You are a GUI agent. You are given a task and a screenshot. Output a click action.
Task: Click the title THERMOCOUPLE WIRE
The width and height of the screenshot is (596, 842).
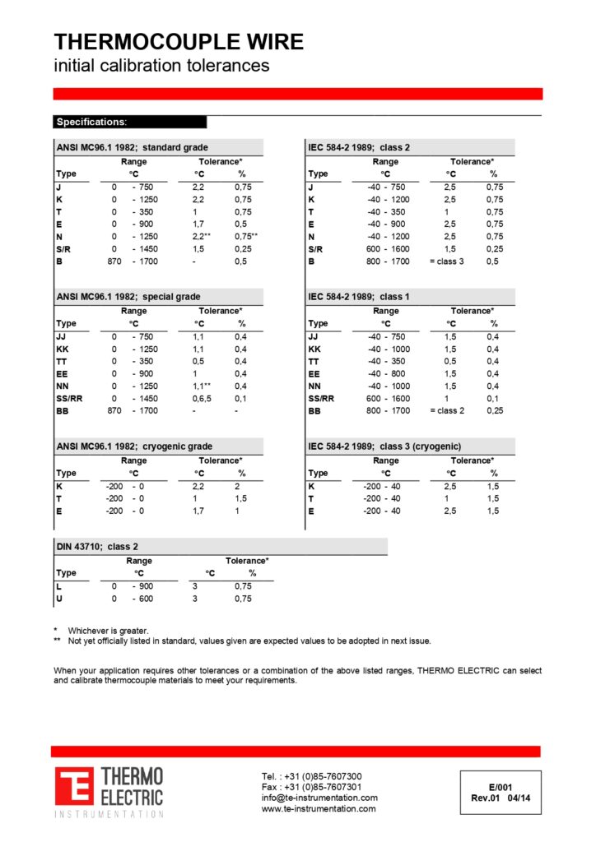tap(179, 42)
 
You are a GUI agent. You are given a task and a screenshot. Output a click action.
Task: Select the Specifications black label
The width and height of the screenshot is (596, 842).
tap(91, 122)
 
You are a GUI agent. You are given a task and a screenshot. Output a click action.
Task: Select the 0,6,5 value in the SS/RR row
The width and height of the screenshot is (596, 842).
tap(200, 399)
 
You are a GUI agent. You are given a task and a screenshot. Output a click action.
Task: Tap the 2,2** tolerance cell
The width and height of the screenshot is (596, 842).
tap(203, 237)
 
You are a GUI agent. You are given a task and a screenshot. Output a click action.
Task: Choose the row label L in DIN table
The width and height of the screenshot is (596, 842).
tap(58, 586)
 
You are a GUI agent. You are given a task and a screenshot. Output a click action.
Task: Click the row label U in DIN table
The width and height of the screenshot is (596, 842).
tap(58, 599)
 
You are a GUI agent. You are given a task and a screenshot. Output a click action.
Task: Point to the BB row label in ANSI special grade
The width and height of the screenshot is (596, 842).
tap(62, 411)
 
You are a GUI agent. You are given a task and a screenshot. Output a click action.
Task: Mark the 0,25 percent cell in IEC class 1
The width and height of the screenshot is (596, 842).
tap(493, 411)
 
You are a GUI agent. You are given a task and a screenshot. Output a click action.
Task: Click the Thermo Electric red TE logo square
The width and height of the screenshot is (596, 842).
tap(74, 787)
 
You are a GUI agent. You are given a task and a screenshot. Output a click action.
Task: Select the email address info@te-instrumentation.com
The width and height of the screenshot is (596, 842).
tap(319, 798)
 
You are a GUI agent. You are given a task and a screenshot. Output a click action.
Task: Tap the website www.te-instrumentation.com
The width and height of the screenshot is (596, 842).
tap(319, 809)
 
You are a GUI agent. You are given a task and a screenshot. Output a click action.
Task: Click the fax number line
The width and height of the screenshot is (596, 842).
tap(311, 787)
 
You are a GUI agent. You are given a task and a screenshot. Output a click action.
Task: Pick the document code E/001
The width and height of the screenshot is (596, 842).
tap(500, 787)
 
